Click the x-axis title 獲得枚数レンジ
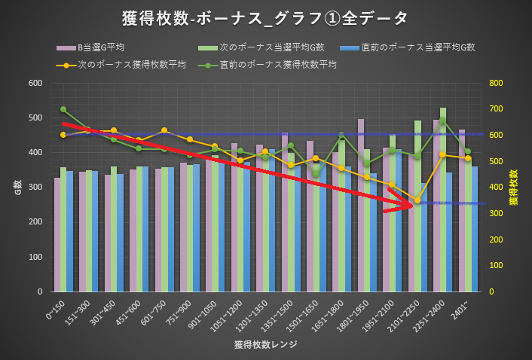coord(265,345)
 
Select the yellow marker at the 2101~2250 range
coord(417,200)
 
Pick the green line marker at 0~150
coord(63,109)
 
